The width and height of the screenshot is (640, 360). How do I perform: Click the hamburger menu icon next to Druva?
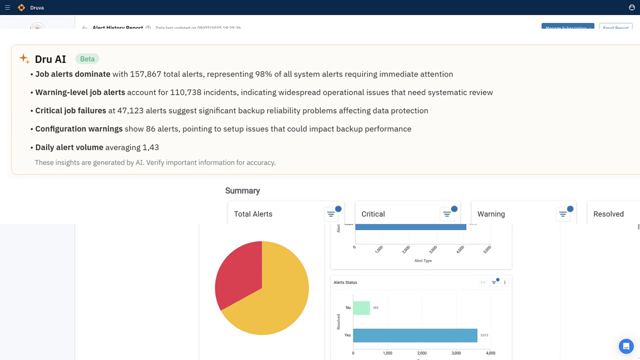(7, 7)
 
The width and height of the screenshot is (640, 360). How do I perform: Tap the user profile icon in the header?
(631, 7)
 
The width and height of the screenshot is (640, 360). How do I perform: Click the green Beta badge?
(87, 59)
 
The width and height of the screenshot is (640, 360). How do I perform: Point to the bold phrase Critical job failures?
(70, 110)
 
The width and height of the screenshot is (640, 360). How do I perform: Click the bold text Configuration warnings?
(79, 129)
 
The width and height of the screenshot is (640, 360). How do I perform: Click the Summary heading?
(242, 190)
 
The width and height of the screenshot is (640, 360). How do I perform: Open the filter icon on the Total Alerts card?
(331, 214)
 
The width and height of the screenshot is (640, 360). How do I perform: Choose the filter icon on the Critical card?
(447, 214)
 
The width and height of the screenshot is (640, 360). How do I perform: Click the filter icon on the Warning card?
(563, 214)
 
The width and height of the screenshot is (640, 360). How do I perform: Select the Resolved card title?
(608, 214)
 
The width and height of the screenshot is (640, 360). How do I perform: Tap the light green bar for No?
(361, 307)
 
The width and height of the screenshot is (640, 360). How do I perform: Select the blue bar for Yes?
(415, 335)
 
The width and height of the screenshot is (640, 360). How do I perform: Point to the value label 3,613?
(484, 335)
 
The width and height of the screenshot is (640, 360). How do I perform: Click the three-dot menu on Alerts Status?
(505, 282)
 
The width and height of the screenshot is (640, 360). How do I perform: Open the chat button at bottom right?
(626, 346)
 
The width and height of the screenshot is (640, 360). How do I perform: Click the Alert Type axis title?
(423, 260)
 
